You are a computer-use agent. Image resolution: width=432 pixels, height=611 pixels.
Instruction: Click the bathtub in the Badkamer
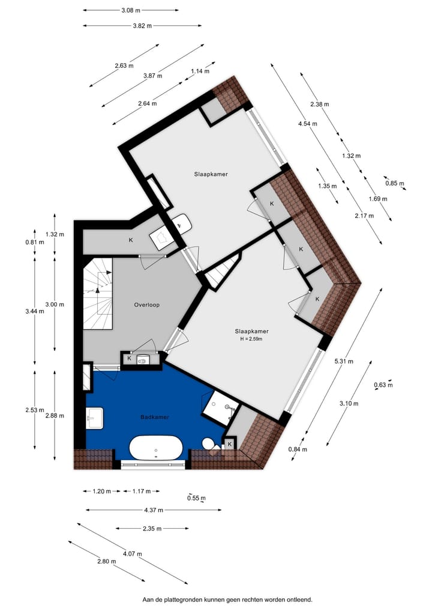pyautogui.click(x=156, y=448)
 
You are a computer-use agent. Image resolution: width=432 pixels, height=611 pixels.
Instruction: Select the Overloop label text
pyautogui.click(x=146, y=305)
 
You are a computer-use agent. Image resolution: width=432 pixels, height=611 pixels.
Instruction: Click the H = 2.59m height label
pyautogui.click(x=251, y=339)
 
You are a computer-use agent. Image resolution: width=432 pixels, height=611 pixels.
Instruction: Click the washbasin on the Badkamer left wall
pyautogui.click(x=95, y=418)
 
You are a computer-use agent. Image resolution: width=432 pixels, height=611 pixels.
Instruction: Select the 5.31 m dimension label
pyautogui.click(x=344, y=361)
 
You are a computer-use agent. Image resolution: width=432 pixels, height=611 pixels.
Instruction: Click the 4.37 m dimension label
pyautogui.click(x=153, y=509)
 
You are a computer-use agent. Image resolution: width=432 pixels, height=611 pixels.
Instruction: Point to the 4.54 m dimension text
pyautogui.click(x=308, y=124)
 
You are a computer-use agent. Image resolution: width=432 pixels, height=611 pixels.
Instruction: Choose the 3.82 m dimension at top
pyautogui.click(x=142, y=26)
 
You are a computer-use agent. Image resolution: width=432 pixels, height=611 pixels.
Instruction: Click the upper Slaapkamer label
pyautogui.click(x=211, y=174)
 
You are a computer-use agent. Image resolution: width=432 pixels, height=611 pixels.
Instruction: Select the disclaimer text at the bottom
pyautogui.click(x=227, y=599)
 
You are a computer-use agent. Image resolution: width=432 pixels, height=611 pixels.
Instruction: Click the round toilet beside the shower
pyautogui.click(x=209, y=443)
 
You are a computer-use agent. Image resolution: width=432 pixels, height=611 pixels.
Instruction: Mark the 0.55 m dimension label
pyautogui.click(x=196, y=498)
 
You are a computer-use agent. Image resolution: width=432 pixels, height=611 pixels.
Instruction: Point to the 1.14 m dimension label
pyautogui.click(x=200, y=71)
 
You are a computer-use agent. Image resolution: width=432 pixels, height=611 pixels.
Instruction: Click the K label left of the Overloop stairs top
pyautogui.click(x=131, y=240)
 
